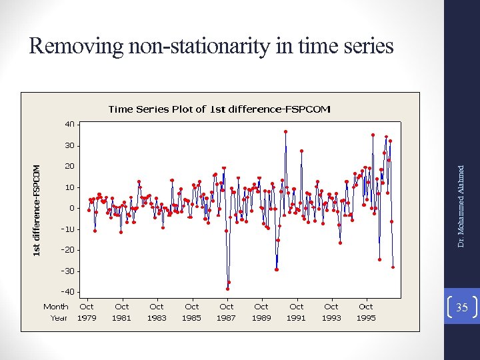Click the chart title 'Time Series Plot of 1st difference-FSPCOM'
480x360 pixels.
tap(219, 109)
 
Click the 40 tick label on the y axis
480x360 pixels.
tap(70, 124)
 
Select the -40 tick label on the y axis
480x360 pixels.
tap(68, 292)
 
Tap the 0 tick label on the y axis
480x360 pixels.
tap(72, 208)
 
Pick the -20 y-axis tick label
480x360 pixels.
tap(68, 250)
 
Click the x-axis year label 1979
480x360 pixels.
tap(87, 318)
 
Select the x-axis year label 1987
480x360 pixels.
tap(227, 318)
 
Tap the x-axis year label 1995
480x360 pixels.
tap(366, 318)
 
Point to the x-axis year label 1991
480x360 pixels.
tap(296, 318)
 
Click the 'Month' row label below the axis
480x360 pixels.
tap(56, 307)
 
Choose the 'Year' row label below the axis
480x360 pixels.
tap(59, 318)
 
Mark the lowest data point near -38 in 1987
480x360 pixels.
tap(227, 289)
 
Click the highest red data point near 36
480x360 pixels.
tap(285, 132)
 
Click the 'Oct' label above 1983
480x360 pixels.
tap(157, 307)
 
